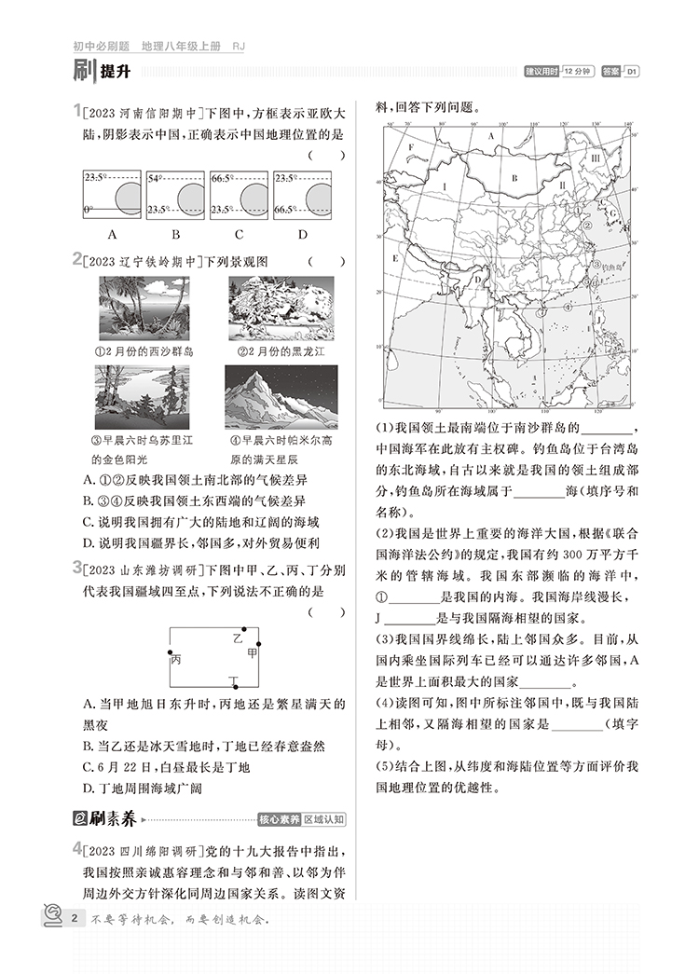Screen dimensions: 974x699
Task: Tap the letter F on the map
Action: (x=410, y=147)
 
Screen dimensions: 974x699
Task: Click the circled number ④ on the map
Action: (x=567, y=303)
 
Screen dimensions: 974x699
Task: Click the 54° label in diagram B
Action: (x=155, y=176)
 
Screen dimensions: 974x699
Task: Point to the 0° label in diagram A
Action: (x=89, y=211)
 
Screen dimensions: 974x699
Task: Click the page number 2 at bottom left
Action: (x=73, y=921)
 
